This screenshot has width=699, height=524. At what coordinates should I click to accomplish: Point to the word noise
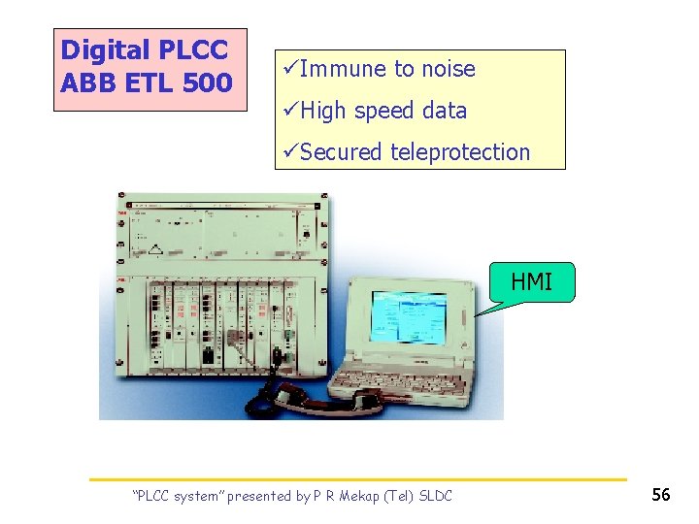pyautogui.click(x=448, y=69)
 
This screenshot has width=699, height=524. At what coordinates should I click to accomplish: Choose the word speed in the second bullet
pyautogui.click(x=385, y=111)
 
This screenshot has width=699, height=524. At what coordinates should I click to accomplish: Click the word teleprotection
pyautogui.click(x=460, y=152)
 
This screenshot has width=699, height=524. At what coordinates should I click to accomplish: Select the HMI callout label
pyautogui.click(x=531, y=282)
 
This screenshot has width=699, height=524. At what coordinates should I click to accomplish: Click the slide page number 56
pyautogui.click(x=661, y=495)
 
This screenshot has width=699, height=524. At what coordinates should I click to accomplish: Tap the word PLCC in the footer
pyautogui.click(x=152, y=496)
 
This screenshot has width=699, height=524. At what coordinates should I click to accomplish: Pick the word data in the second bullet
pyautogui.click(x=445, y=111)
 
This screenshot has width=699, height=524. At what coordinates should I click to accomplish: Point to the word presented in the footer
pyautogui.click(x=261, y=496)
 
